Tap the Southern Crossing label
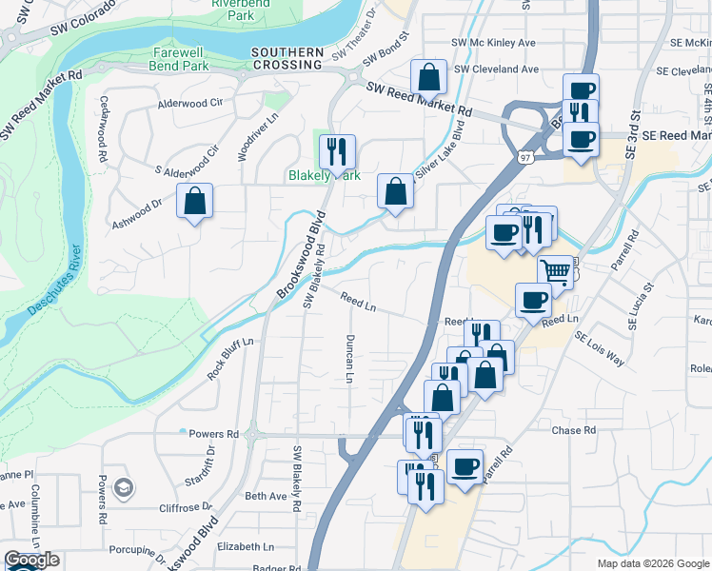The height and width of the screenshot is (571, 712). coord(287,58)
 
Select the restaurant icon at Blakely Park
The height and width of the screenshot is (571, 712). coord(337,150)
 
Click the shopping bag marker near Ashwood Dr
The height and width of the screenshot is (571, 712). coord(194,201)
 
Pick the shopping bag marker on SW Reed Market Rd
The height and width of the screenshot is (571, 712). coord(429,76)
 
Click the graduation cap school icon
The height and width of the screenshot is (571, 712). coord(122,488)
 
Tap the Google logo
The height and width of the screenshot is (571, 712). coord(30,560)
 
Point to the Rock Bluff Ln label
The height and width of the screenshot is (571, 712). coord(231,359)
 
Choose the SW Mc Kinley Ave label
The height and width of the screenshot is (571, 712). coord(494,43)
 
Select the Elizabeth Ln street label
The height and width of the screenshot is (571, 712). coord(246,547)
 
